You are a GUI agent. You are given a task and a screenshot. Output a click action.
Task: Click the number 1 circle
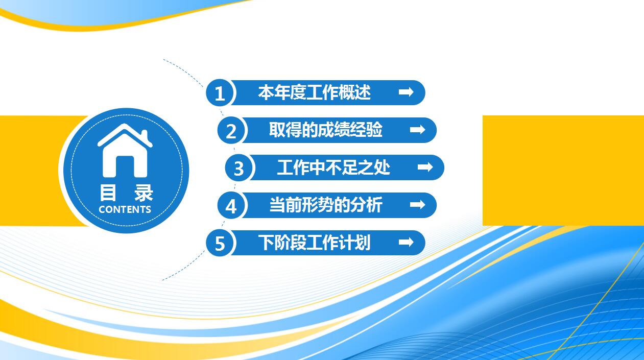220,93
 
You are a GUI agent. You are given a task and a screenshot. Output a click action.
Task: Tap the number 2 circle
231,131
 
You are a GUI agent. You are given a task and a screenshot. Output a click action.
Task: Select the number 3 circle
239,168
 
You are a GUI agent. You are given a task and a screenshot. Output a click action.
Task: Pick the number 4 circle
231,206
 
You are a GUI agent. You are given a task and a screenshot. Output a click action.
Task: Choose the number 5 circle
220,243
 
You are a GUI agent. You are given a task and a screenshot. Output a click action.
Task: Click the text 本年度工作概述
314,92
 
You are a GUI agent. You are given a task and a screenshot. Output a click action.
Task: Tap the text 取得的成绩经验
326,130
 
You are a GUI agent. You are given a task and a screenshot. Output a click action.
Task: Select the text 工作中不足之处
333,167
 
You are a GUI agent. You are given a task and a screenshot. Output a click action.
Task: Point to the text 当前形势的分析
326,205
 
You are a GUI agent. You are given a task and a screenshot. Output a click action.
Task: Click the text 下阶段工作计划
314,242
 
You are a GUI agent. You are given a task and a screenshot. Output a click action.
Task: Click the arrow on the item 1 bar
406,92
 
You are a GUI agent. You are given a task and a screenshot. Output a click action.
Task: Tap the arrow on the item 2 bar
418,130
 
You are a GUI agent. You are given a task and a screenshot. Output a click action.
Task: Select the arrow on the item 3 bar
425,167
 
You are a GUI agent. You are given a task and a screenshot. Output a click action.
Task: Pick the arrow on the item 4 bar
418,205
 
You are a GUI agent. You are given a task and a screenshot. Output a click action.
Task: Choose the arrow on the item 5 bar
406,242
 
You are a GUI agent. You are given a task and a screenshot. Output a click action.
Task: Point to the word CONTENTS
125,209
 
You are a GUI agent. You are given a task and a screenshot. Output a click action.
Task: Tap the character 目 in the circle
108,194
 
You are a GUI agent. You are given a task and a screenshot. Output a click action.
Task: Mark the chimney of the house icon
145,135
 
